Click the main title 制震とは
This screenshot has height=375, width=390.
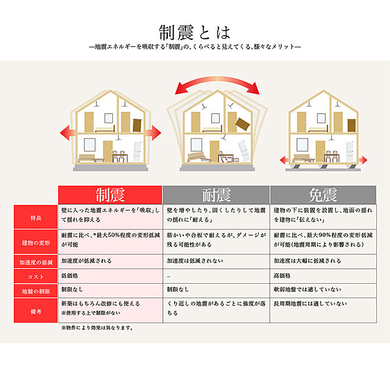(195, 31)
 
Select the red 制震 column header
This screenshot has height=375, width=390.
(110, 194)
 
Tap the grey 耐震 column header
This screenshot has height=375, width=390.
(216, 194)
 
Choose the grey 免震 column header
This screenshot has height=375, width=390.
(323, 194)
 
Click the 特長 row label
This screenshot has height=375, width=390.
(36, 217)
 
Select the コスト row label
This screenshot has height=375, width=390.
(36, 276)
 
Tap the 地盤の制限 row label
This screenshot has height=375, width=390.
(36, 290)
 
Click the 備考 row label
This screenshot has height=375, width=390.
(36, 310)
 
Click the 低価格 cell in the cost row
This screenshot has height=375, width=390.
(70, 276)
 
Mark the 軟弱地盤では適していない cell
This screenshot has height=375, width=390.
(306, 290)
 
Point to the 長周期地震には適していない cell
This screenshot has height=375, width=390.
(309, 303)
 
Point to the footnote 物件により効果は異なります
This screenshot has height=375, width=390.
(97, 327)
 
